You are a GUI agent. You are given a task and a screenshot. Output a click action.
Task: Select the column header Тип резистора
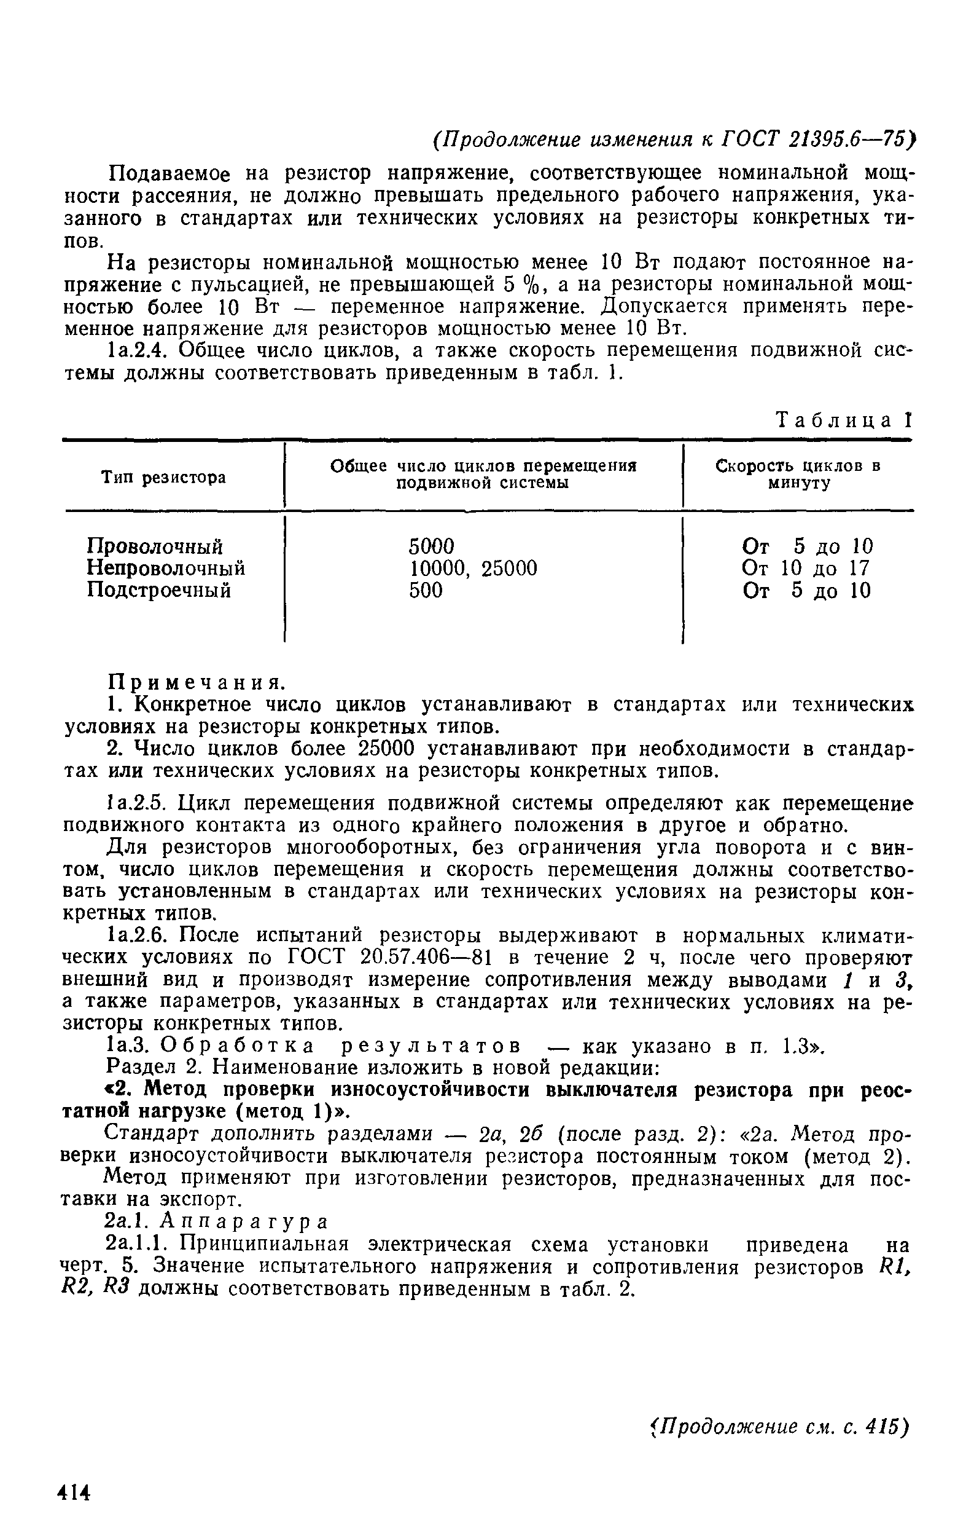click(163, 477)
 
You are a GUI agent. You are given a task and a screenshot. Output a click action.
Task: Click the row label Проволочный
click(155, 546)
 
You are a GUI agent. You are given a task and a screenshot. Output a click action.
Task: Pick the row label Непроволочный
click(165, 568)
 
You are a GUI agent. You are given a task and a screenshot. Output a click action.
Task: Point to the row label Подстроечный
click(158, 590)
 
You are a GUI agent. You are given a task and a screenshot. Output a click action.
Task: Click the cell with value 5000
click(432, 546)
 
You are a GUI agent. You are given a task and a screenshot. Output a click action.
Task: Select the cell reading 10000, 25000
click(473, 568)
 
